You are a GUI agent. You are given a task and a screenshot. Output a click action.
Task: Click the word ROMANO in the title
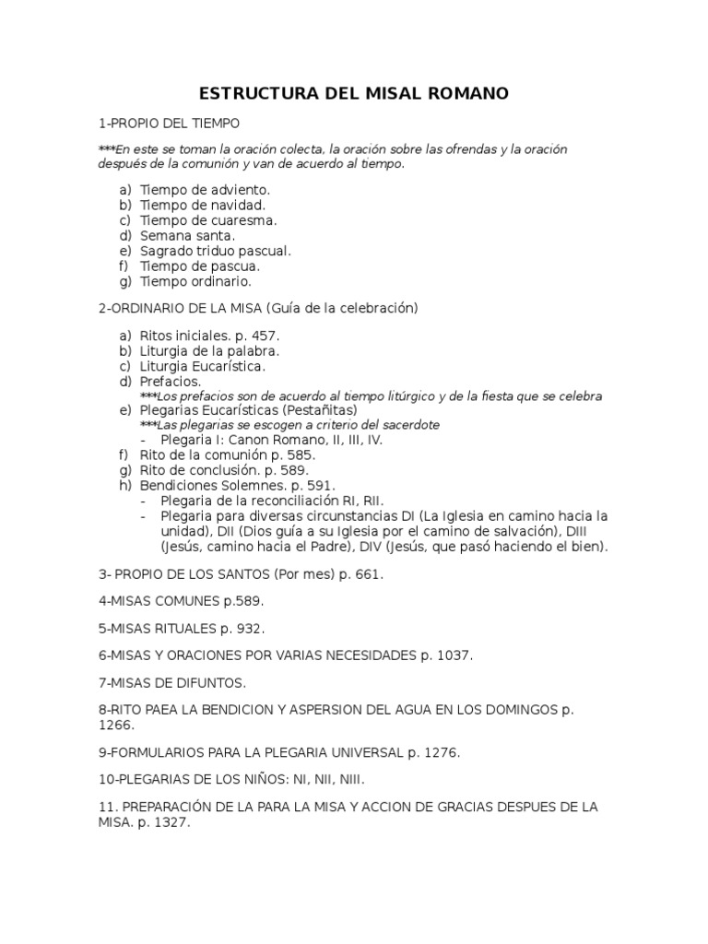(462, 94)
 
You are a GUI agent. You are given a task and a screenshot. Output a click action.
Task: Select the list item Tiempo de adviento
(205, 189)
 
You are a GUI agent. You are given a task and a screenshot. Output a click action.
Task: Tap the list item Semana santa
(187, 235)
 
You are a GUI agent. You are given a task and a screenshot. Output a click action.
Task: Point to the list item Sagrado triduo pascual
(215, 251)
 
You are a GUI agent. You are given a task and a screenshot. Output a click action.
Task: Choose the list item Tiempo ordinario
(195, 281)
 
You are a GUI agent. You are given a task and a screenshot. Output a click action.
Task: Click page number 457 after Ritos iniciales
(265, 336)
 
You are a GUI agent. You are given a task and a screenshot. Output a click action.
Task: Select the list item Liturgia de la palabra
(209, 351)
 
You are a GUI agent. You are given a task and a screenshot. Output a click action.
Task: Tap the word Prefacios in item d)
(170, 381)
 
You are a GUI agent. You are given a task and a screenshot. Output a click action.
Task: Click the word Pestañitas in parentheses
(319, 410)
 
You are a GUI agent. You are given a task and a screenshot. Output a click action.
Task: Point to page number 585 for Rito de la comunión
(301, 454)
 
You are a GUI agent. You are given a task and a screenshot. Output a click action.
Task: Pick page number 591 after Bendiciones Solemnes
(321, 485)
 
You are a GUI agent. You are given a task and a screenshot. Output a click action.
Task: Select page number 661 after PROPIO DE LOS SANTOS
(367, 573)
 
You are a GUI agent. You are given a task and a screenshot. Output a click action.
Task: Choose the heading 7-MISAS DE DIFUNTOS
(172, 683)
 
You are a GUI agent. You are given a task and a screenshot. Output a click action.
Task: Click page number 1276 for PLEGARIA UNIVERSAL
(440, 752)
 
